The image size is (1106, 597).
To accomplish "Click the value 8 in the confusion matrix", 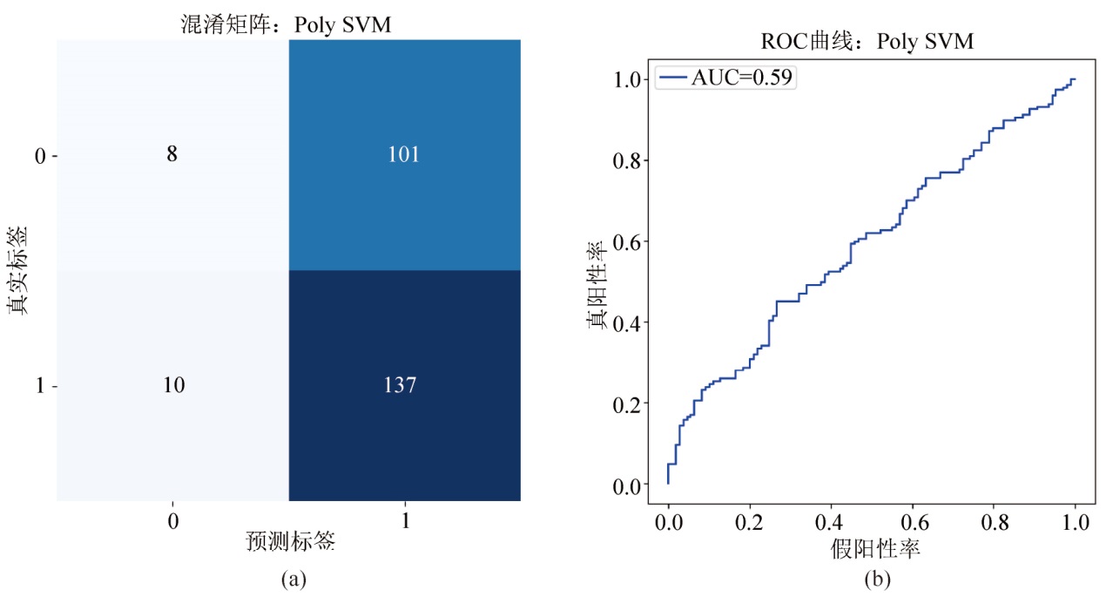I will (172, 155).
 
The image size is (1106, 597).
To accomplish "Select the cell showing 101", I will (404, 155).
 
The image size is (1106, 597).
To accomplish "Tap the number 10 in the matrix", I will (172, 385).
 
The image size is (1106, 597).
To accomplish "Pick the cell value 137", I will (404, 385).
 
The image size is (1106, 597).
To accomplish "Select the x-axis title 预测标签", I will (291, 541).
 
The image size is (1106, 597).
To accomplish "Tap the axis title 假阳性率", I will (871, 549).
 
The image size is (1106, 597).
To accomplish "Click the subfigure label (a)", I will (291, 578).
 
